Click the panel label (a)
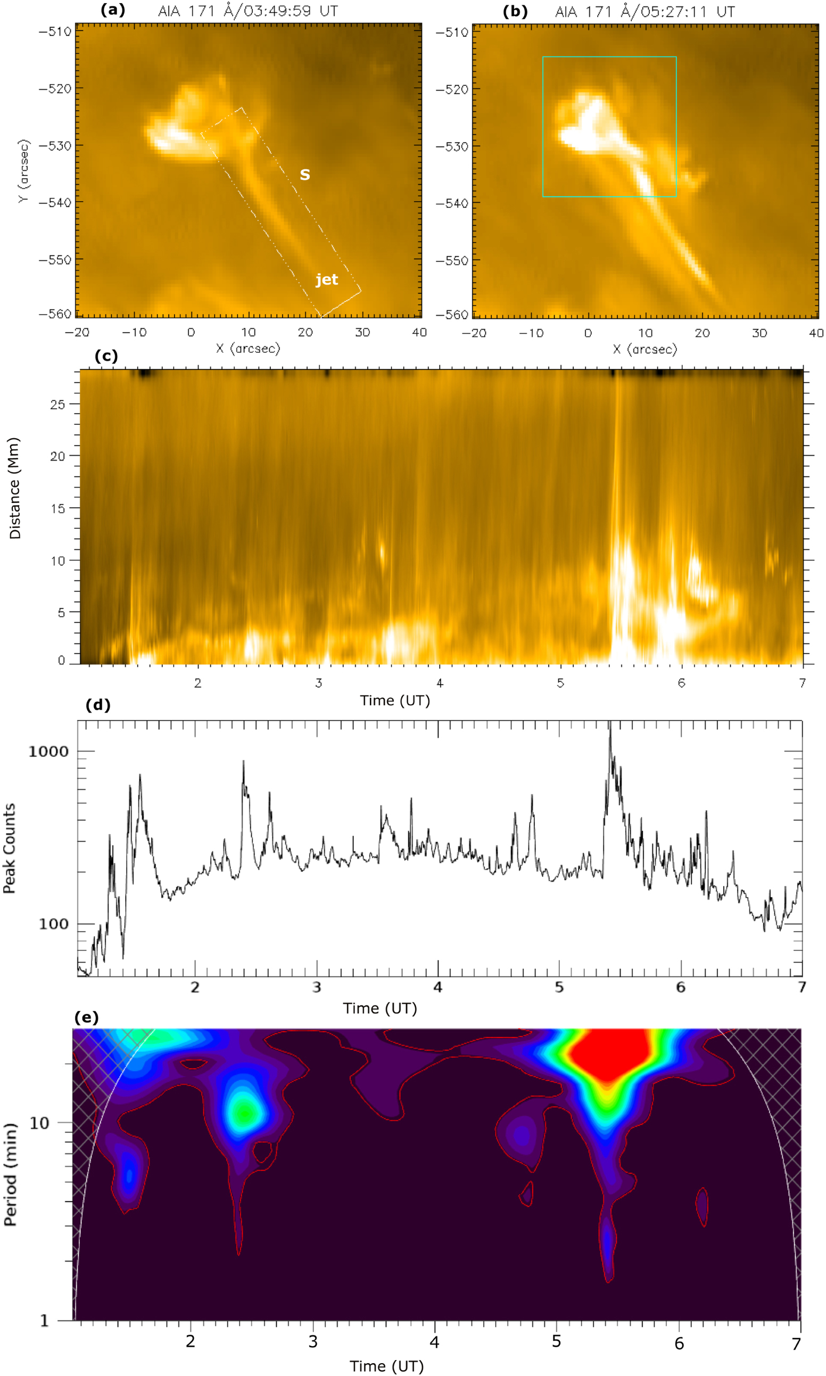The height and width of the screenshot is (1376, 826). point(112,10)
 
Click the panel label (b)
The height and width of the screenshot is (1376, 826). point(515,12)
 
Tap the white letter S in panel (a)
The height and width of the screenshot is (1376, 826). point(304,175)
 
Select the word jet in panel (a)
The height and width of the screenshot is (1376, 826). point(327,279)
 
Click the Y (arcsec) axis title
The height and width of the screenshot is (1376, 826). point(23,171)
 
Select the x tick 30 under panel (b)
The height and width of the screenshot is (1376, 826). point(759,333)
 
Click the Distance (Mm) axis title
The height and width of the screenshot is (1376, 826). point(15,488)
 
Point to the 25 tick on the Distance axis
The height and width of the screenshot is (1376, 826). point(57,404)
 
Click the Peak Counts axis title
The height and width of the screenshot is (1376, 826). point(10,848)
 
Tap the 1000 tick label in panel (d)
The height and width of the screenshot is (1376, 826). point(48,752)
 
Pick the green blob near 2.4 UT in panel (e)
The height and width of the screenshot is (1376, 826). point(244,1111)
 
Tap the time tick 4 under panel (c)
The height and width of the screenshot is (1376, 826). point(440,683)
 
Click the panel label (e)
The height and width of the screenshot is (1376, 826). point(86,1018)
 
